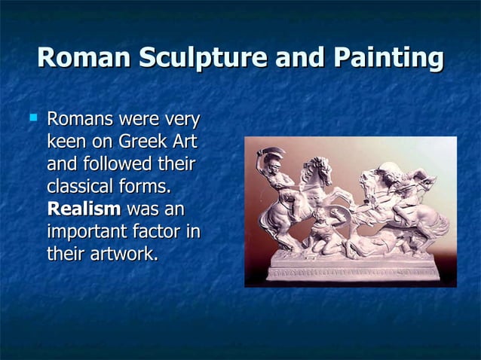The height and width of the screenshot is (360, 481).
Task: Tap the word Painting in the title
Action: click(x=392, y=59)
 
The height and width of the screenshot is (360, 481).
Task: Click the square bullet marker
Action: click(x=32, y=117)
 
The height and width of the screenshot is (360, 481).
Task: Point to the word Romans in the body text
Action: click(x=80, y=119)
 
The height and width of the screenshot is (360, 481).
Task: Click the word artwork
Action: click(x=124, y=254)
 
